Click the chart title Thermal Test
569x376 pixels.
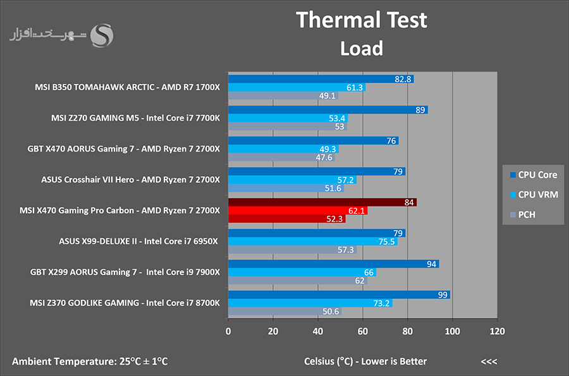[362, 20]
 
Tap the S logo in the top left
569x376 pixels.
[102, 35]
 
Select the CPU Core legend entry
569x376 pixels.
[534, 175]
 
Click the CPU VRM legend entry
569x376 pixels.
[534, 195]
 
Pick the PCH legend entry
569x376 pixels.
[523, 215]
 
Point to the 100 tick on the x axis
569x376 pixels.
[452, 331]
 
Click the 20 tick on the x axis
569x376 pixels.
[273, 331]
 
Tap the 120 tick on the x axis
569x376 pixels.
[497, 331]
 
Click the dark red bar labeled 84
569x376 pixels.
[322, 202]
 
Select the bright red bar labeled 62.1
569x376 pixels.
[298, 210]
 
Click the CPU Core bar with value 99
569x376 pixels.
[339, 294]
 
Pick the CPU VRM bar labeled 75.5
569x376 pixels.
[313, 241]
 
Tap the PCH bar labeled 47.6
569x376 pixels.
[281, 157]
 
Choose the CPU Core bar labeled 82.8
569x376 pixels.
[321, 79]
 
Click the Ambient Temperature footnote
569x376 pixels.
[90, 361]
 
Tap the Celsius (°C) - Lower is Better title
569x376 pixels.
[365, 361]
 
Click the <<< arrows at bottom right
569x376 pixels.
[489, 361]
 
